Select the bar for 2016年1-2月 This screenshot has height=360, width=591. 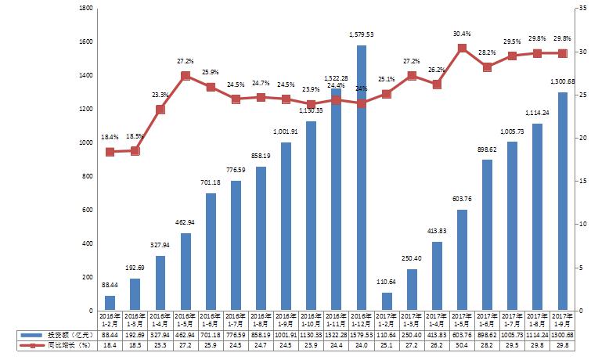(x=110, y=303)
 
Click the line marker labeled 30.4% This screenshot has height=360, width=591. (x=462, y=49)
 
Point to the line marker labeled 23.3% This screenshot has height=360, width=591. (x=160, y=109)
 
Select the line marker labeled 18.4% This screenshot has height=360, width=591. (x=110, y=152)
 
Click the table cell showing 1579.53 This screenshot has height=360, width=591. (x=362, y=334)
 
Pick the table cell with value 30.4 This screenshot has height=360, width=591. (x=462, y=344)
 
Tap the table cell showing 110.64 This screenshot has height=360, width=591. (x=387, y=334)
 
